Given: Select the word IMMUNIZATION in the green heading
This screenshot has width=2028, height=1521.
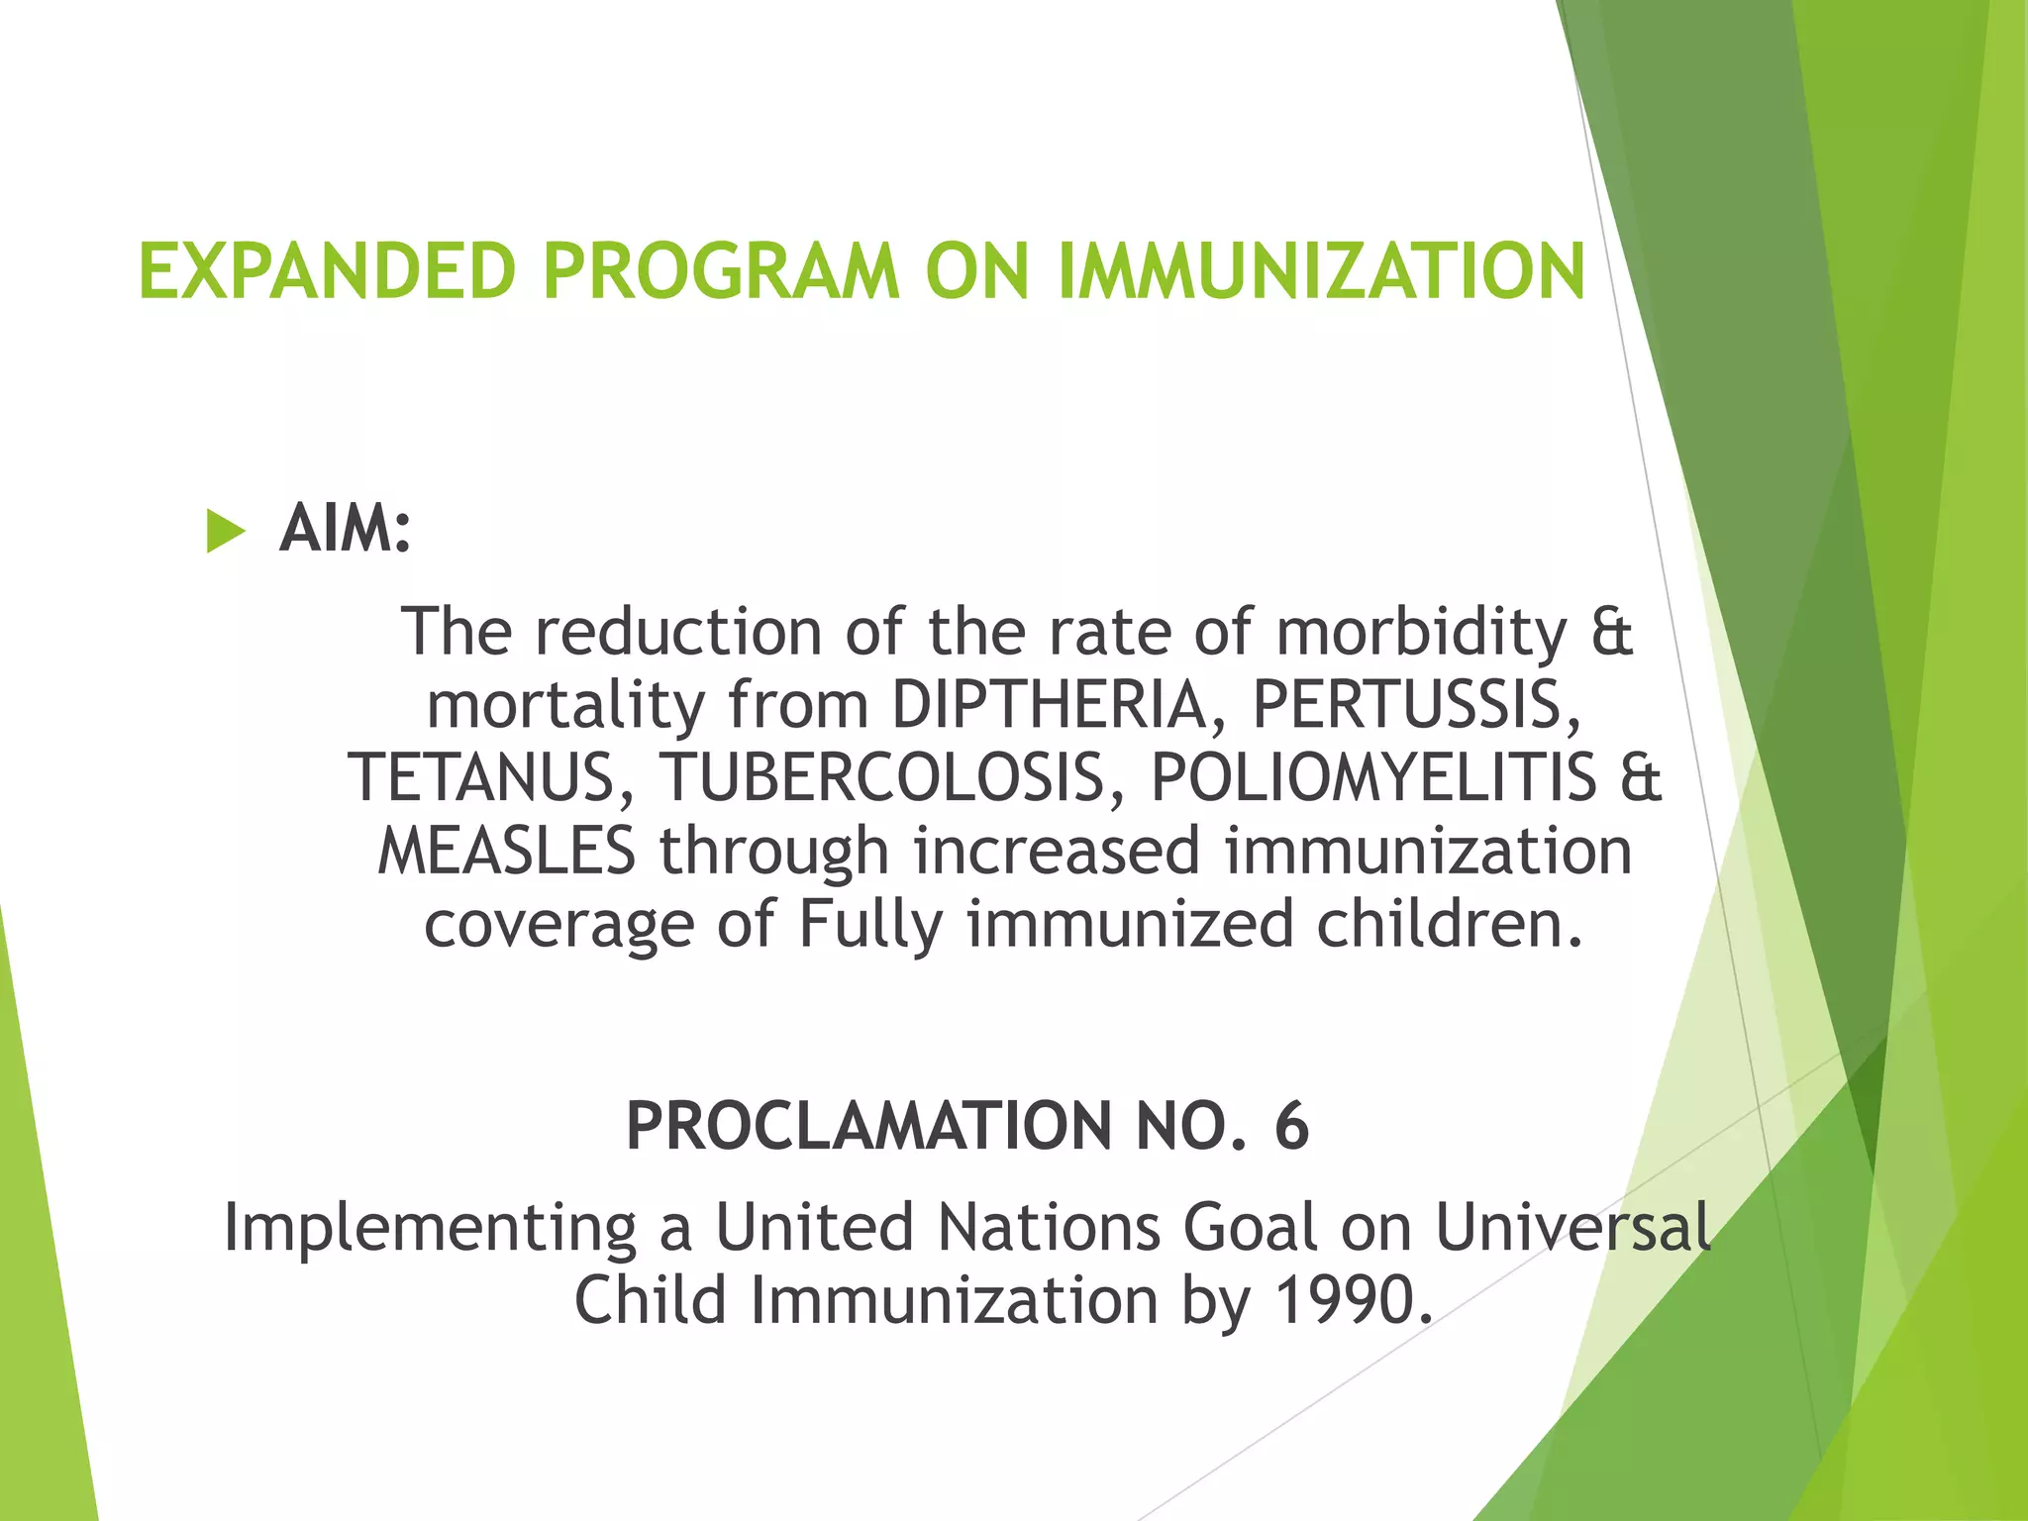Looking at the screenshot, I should click(x=1322, y=271).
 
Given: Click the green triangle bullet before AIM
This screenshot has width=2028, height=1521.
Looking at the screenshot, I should click(x=225, y=532).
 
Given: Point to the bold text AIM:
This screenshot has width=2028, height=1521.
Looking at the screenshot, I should click(x=345, y=530).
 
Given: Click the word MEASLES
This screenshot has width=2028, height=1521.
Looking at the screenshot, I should click(x=506, y=852).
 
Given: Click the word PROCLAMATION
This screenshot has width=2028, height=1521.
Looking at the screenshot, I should click(x=868, y=1128).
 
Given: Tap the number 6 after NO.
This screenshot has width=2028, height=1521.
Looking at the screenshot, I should click(x=1291, y=1128).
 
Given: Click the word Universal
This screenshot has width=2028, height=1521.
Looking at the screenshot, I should click(x=1572, y=1228).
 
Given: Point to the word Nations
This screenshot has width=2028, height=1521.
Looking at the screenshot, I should click(x=1048, y=1228).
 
